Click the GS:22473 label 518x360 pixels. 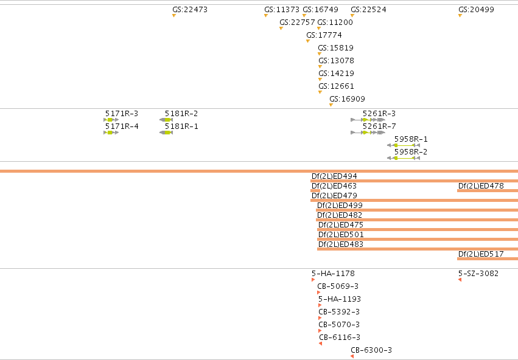click(190, 10)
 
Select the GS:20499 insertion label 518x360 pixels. click(477, 10)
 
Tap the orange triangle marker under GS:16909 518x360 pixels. click(331, 105)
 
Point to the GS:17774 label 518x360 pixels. click(324, 35)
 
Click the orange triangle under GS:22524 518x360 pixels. click(352, 16)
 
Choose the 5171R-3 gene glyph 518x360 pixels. click(111, 120)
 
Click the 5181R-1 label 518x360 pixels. click(181, 126)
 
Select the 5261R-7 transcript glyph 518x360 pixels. click(368, 133)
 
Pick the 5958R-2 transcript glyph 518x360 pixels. click(404, 158)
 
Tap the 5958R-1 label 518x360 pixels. click(411, 139)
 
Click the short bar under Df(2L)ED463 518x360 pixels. click(315, 191)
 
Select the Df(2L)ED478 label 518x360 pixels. click(481, 185)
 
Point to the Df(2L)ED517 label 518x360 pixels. click(481, 254)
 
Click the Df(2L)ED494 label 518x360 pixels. click(334, 176)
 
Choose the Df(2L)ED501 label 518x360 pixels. click(341, 235)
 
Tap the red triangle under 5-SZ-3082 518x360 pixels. click(460, 280)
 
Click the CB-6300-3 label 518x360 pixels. click(371, 350)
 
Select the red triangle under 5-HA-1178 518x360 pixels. click(313, 280)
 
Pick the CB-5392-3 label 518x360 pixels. click(339, 312)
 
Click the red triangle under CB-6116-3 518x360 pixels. click(320, 344)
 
